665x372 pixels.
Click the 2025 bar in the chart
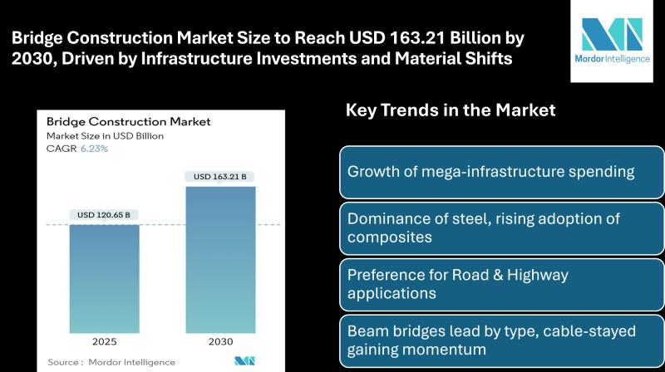(105, 279)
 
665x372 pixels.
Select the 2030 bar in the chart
(220, 260)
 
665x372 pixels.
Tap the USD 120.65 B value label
(104, 215)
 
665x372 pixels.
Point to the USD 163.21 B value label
(220, 177)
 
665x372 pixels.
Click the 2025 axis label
(105, 341)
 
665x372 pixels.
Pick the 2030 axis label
(220, 341)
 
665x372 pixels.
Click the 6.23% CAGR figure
(94, 149)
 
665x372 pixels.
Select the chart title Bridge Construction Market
(129, 122)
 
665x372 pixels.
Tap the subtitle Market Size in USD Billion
(105, 136)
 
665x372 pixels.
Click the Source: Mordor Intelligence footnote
(111, 362)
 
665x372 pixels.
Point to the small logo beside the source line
(244, 361)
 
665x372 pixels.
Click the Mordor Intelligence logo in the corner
(612, 41)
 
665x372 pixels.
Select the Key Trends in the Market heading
(451, 110)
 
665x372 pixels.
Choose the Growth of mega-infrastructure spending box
(502, 172)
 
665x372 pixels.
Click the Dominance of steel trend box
(502, 228)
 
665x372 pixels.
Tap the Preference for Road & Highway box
(502, 285)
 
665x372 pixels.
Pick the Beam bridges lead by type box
(502, 341)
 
